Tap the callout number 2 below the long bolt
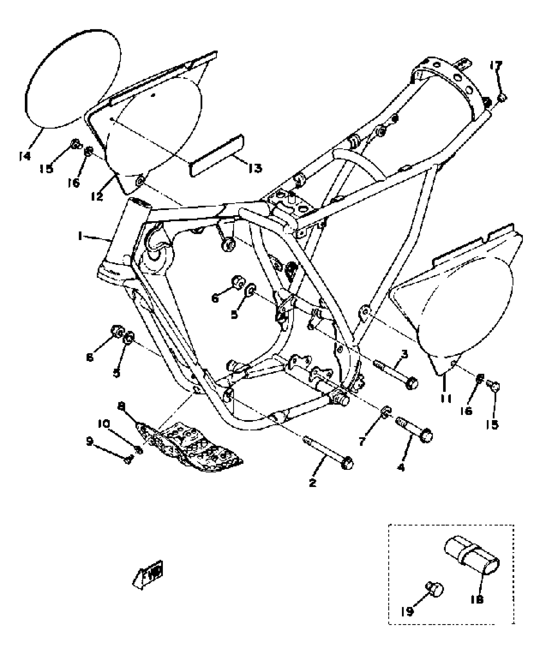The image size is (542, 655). point(312,483)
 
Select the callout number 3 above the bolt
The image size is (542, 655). point(404,354)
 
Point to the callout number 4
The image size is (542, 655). point(401,468)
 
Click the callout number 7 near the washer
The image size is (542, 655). point(362,441)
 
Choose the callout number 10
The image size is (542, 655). point(104,424)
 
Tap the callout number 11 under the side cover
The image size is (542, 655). point(446,398)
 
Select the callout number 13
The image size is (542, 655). point(254,168)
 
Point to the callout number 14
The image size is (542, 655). point(25,156)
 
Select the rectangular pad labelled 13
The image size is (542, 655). point(217,155)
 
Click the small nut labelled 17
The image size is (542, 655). point(502,98)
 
